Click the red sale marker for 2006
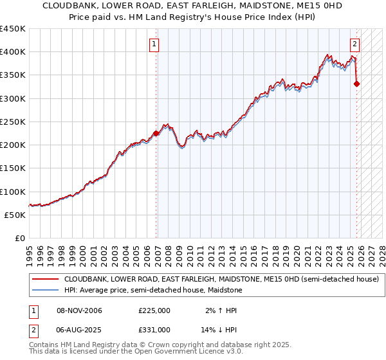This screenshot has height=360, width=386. pos(156,134)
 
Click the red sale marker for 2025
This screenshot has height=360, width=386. pos(357,84)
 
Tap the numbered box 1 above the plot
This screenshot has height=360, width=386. pos(155,44)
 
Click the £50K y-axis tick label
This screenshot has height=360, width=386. pos(15,215)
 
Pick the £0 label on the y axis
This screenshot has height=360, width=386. pos(19,238)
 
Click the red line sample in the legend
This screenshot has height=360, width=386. pos(44,280)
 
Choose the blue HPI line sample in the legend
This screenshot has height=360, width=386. pos(44,291)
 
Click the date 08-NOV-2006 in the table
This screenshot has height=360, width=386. pos(80,310)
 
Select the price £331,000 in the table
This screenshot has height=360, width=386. pos(154,332)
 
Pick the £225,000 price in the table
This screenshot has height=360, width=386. pos(154,310)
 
